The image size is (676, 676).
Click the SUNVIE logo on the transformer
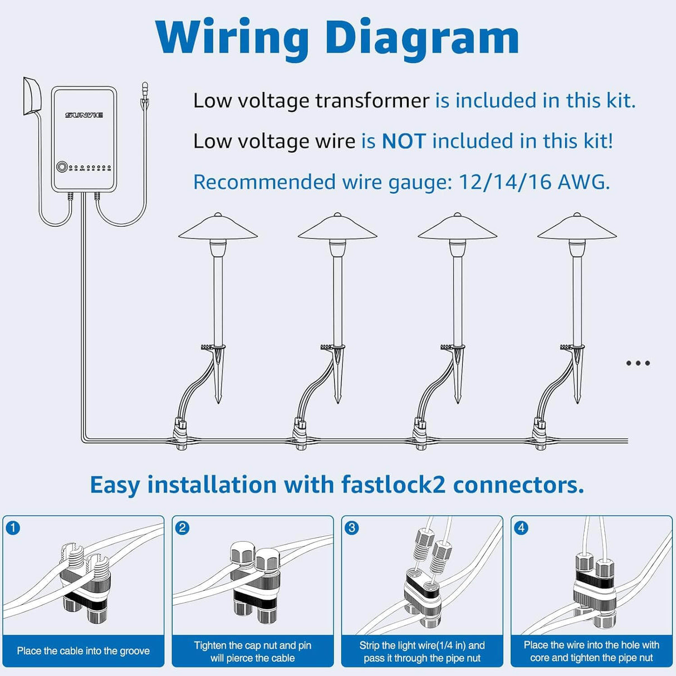[x=84, y=115]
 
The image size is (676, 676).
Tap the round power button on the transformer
[x=62, y=166]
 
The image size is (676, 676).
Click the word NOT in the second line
[x=404, y=141]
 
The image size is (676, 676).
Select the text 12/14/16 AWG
[x=533, y=182]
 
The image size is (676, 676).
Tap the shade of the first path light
[x=218, y=228]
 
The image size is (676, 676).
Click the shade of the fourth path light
[x=577, y=228]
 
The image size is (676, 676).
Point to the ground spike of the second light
[x=337, y=379]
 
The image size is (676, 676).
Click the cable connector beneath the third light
[x=420, y=434]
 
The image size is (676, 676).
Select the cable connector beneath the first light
[x=180, y=434]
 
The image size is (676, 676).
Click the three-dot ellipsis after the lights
[x=638, y=363]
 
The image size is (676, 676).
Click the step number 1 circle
[x=13, y=527]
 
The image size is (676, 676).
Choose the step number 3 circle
[x=351, y=527]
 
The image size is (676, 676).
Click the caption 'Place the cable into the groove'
[x=84, y=651]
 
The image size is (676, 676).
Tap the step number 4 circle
[x=521, y=527]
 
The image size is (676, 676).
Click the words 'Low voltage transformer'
[x=311, y=101]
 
